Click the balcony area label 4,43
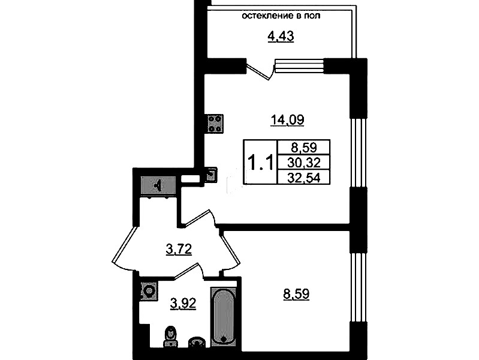coord(281,37)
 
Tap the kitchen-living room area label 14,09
coord(288,119)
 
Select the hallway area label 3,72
coord(179,249)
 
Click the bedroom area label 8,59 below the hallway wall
coord(296,294)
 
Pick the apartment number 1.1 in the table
coord(260,163)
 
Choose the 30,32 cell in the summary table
coord(304,163)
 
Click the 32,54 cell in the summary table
coord(304,178)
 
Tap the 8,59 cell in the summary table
coord(304,148)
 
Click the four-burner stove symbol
coord(215,124)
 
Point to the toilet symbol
coord(170,337)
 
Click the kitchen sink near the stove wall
coord(211,175)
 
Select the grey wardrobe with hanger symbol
coord(158,185)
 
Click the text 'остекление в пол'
coord(281,16)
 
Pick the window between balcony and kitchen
coord(299,66)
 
